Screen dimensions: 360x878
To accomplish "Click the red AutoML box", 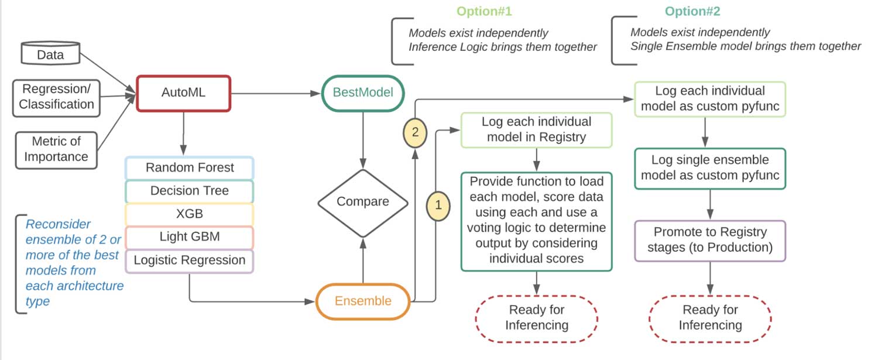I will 184,93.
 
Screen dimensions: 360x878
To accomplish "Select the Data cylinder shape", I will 50,54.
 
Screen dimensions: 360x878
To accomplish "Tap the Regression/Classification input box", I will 56,97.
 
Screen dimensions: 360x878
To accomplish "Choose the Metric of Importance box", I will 56,149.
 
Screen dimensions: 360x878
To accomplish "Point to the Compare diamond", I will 363,202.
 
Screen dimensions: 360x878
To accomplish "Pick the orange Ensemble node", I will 363,301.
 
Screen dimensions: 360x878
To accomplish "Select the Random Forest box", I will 190,168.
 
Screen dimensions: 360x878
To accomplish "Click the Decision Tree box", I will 190,191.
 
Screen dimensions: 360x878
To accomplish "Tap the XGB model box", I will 190,214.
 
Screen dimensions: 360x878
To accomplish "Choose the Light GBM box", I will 190,237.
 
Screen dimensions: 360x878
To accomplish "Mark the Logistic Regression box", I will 190,260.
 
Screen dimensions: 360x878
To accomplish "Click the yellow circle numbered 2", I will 415,132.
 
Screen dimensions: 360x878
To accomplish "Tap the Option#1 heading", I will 484,12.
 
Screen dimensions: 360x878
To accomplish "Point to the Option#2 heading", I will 692,12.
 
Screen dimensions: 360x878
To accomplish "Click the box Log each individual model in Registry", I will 536,130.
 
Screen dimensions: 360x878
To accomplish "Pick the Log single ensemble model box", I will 710,168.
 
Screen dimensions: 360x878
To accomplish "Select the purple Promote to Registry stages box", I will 710,240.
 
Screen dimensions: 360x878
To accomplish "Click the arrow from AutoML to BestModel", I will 275,93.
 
